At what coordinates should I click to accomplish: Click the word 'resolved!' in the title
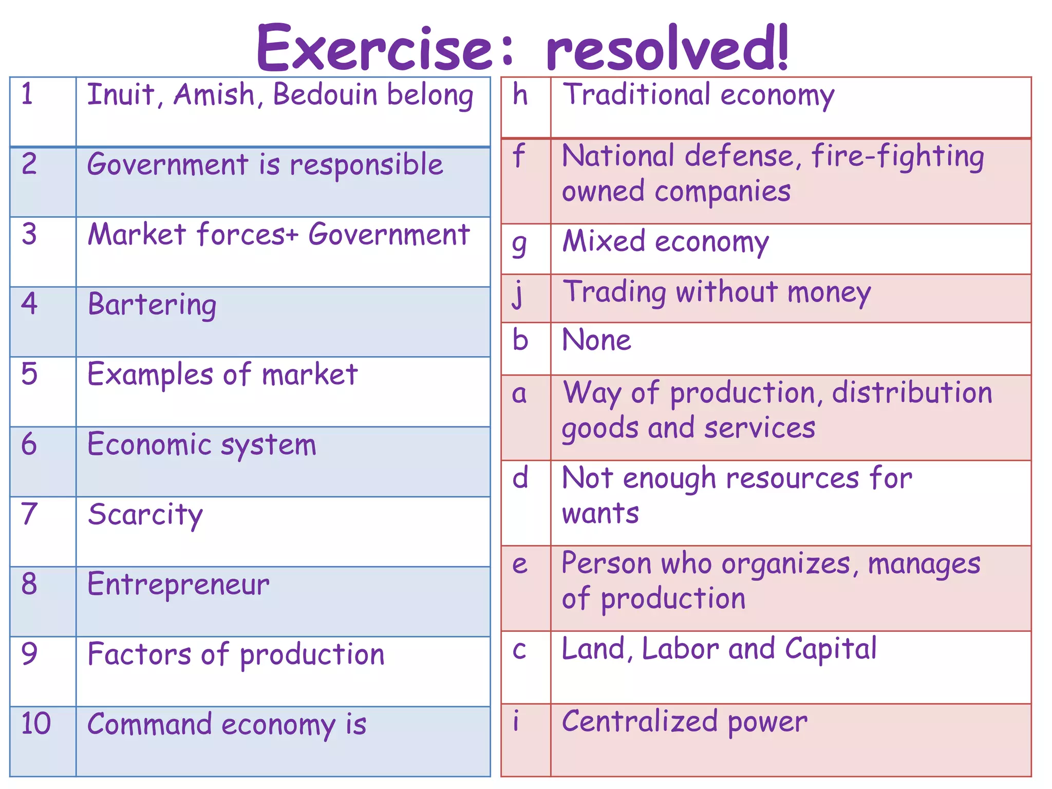click(x=667, y=48)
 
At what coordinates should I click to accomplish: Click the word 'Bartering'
click(x=152, y=305)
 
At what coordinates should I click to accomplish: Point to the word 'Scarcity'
click(x=145, y=515)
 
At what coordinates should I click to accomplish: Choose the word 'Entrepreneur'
click(x=178, y=585)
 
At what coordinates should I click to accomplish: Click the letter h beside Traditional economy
click(x=520, y=95)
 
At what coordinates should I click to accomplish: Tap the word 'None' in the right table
click(x=596, y=340)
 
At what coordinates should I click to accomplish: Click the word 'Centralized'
click(x=640, y=721)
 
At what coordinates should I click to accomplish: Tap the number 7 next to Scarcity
click(x=29, y=514)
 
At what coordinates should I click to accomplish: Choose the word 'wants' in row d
click(x=600, y=513)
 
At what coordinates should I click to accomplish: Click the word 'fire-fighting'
click(x=897, y=157)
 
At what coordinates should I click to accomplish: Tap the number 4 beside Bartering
click(x=29, y=304)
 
